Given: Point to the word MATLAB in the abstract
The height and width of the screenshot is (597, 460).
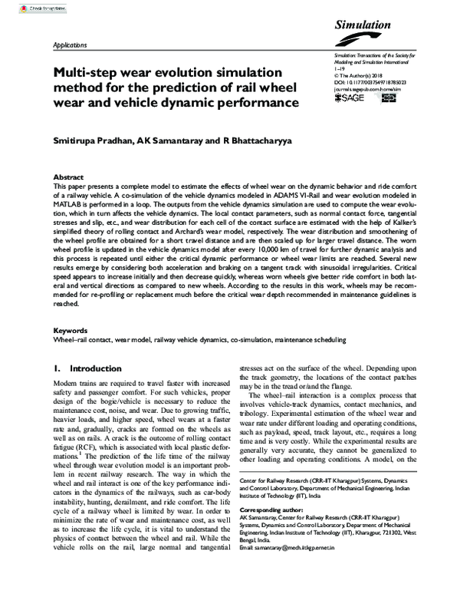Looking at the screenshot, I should point(67,206).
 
